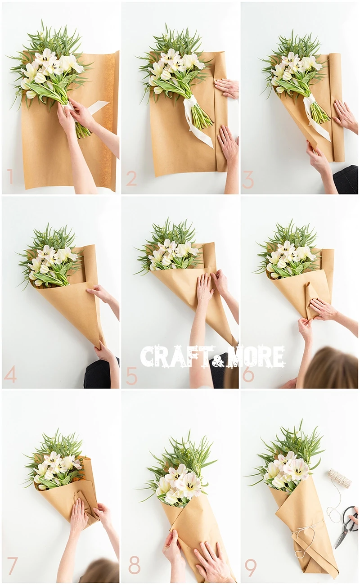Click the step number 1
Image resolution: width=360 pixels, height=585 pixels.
click(x=10, y=176)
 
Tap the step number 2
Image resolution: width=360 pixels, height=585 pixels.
click(x=131, y=179)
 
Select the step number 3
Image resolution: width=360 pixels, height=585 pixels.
click(x=248, y=179)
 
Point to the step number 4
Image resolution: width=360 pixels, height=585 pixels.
click(x=10, y=374)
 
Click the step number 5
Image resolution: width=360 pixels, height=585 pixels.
click(x=131, y=376)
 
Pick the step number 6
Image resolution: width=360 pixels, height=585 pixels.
click(x=248, y=374)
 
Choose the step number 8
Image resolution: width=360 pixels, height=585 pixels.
click(x=134, y=567)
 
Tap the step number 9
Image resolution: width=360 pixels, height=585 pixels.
click(x=251, y=567)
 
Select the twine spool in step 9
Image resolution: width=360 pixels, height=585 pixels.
click(x=339, y=478)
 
